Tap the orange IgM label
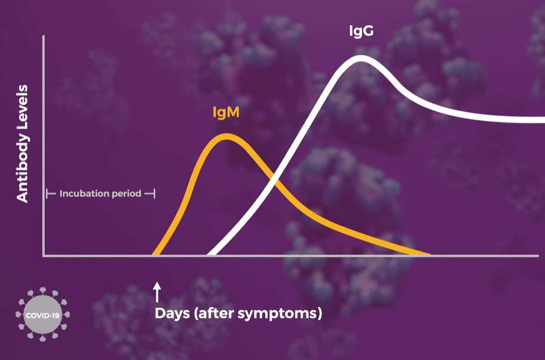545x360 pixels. tap(226, 113)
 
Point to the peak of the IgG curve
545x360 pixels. tap(361, 58)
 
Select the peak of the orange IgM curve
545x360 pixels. tap(226, 136)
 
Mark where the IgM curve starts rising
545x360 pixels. tap(155, 254)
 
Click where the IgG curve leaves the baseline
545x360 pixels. tap(210, 254)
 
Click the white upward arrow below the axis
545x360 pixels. tap(157, 292)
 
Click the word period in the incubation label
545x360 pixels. tap(128, 194)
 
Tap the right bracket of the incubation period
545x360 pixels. tap(151, 194)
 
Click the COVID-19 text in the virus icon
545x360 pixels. tap(43, 316)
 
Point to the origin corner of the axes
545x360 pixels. tap(44, 256)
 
